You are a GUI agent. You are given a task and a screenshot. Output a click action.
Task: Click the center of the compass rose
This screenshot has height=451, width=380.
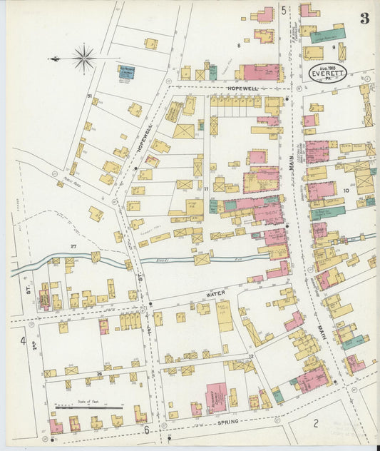84,57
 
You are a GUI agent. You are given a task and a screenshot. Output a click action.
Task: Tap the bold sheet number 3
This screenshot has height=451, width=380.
364,18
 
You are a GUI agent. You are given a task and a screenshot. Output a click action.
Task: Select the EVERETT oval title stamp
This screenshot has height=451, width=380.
328,72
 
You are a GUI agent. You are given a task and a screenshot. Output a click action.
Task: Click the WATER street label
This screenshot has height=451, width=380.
215,292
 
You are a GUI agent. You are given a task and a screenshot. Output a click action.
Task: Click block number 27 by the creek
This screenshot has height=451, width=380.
73,245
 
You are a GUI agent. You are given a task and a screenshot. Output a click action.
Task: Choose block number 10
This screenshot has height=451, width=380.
346,191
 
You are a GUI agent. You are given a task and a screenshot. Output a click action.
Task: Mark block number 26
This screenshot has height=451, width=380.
100,373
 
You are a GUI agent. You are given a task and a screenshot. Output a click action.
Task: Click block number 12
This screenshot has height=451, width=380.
251,355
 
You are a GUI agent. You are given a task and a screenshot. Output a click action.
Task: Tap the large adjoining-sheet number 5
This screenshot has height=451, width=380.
283,10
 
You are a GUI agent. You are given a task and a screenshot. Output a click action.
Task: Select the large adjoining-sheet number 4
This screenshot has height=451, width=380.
23,340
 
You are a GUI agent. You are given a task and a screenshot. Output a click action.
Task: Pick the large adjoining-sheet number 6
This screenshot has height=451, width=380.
147,430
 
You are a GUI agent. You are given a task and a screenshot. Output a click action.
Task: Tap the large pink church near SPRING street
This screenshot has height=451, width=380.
216,396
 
